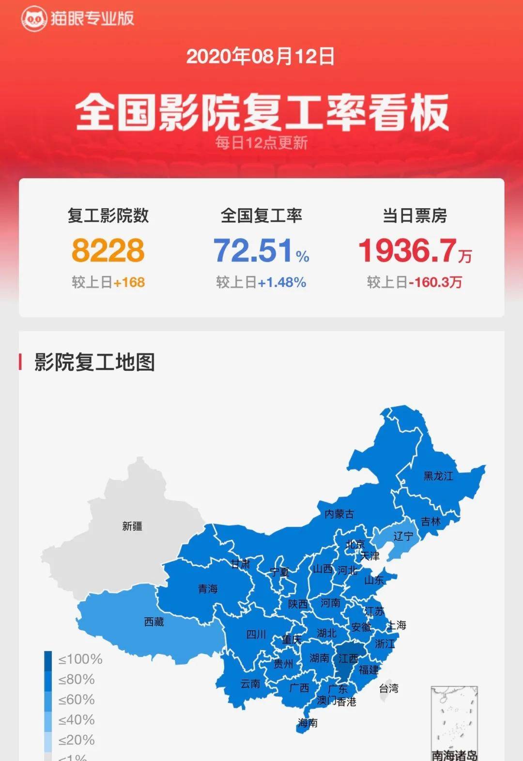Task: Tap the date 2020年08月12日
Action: tap(261, 57)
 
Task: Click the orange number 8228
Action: tap(108, 250)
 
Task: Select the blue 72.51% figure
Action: tap(261, 250)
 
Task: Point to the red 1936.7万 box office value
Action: tap(415, 250)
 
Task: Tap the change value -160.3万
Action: tap(435, 282)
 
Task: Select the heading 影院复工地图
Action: tap(94, 362)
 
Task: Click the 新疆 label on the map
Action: tap(132, 526)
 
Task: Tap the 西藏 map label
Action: tap(154, 622)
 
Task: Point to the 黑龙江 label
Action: tap(438, 476)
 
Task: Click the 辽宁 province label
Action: tap(403, 536)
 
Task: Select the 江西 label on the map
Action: tap(348, 658)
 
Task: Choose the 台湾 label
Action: tap(388, 688)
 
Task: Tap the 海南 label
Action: tap(308, 723)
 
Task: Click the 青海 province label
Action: tap(208, 589)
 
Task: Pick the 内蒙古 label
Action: tap(339, 514)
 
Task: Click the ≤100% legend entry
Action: tap(80, 659)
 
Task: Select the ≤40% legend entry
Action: tap(76, 720)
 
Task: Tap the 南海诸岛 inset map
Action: tap(454, 721)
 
